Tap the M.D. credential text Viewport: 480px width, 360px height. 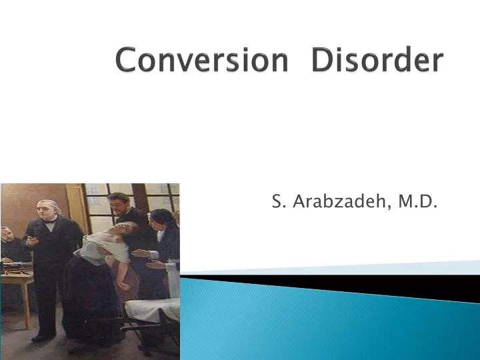pos(417,201)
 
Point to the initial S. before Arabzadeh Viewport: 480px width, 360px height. pos(277,201)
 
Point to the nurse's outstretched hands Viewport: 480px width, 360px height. pos(143,255)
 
